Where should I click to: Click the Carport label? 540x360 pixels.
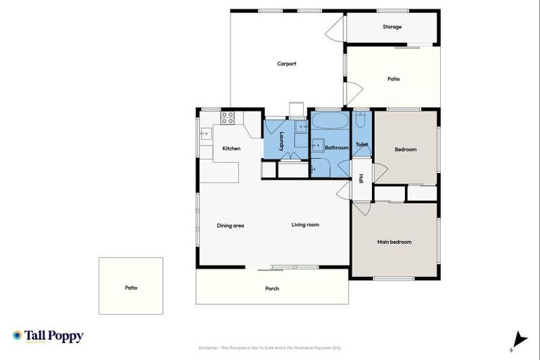(x=286, y=64)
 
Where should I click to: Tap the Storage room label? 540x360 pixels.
(x=392, y=27)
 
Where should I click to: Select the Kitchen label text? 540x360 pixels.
(x=231, y=148)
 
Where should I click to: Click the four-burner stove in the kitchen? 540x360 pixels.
(x=228, y=117)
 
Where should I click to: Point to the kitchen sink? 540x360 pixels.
(x=206, y=132)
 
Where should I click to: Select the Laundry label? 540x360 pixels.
(x=281, y=141)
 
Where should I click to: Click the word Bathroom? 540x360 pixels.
(x=336, y=148)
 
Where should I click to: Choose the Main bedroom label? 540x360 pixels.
(x=394, y=242)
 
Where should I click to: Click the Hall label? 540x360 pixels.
(x=361, y=179)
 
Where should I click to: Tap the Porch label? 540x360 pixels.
(x=272, y=289)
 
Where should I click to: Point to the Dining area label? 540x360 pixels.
(x=230, y=225)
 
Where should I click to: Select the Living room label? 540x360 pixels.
(x=305, y=225)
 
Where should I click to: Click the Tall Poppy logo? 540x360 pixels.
(x=48, y=336)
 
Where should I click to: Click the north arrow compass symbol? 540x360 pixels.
(x=520, y=340)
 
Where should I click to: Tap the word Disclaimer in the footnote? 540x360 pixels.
(x=212, y=347)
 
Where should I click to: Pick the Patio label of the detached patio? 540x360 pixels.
(x=131, y=288)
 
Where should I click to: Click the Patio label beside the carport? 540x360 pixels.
(x=393, y=79)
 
